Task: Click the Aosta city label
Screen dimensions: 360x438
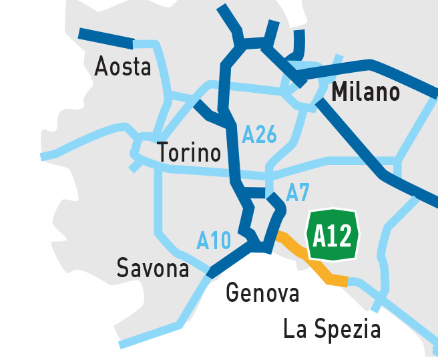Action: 123,67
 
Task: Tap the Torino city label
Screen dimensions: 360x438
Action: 189,153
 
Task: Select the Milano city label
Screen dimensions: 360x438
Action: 365,92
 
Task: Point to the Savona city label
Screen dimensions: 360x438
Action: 153,268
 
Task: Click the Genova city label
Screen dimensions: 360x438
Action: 262,293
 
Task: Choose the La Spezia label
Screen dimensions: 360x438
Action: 332,329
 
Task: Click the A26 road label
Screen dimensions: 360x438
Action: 259,135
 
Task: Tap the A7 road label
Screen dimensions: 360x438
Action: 298,193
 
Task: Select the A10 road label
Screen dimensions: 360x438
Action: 214,240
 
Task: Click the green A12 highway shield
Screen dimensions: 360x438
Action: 333,236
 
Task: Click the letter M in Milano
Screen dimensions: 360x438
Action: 340,92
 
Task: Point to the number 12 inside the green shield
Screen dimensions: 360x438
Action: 342,236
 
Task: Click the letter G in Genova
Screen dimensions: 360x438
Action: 233,293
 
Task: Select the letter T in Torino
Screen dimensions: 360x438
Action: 164,153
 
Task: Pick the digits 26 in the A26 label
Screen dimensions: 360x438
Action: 266,135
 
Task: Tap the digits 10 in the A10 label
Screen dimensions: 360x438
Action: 221,240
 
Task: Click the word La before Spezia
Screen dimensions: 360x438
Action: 294,329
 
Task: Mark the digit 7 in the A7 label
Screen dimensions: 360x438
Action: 304,193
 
